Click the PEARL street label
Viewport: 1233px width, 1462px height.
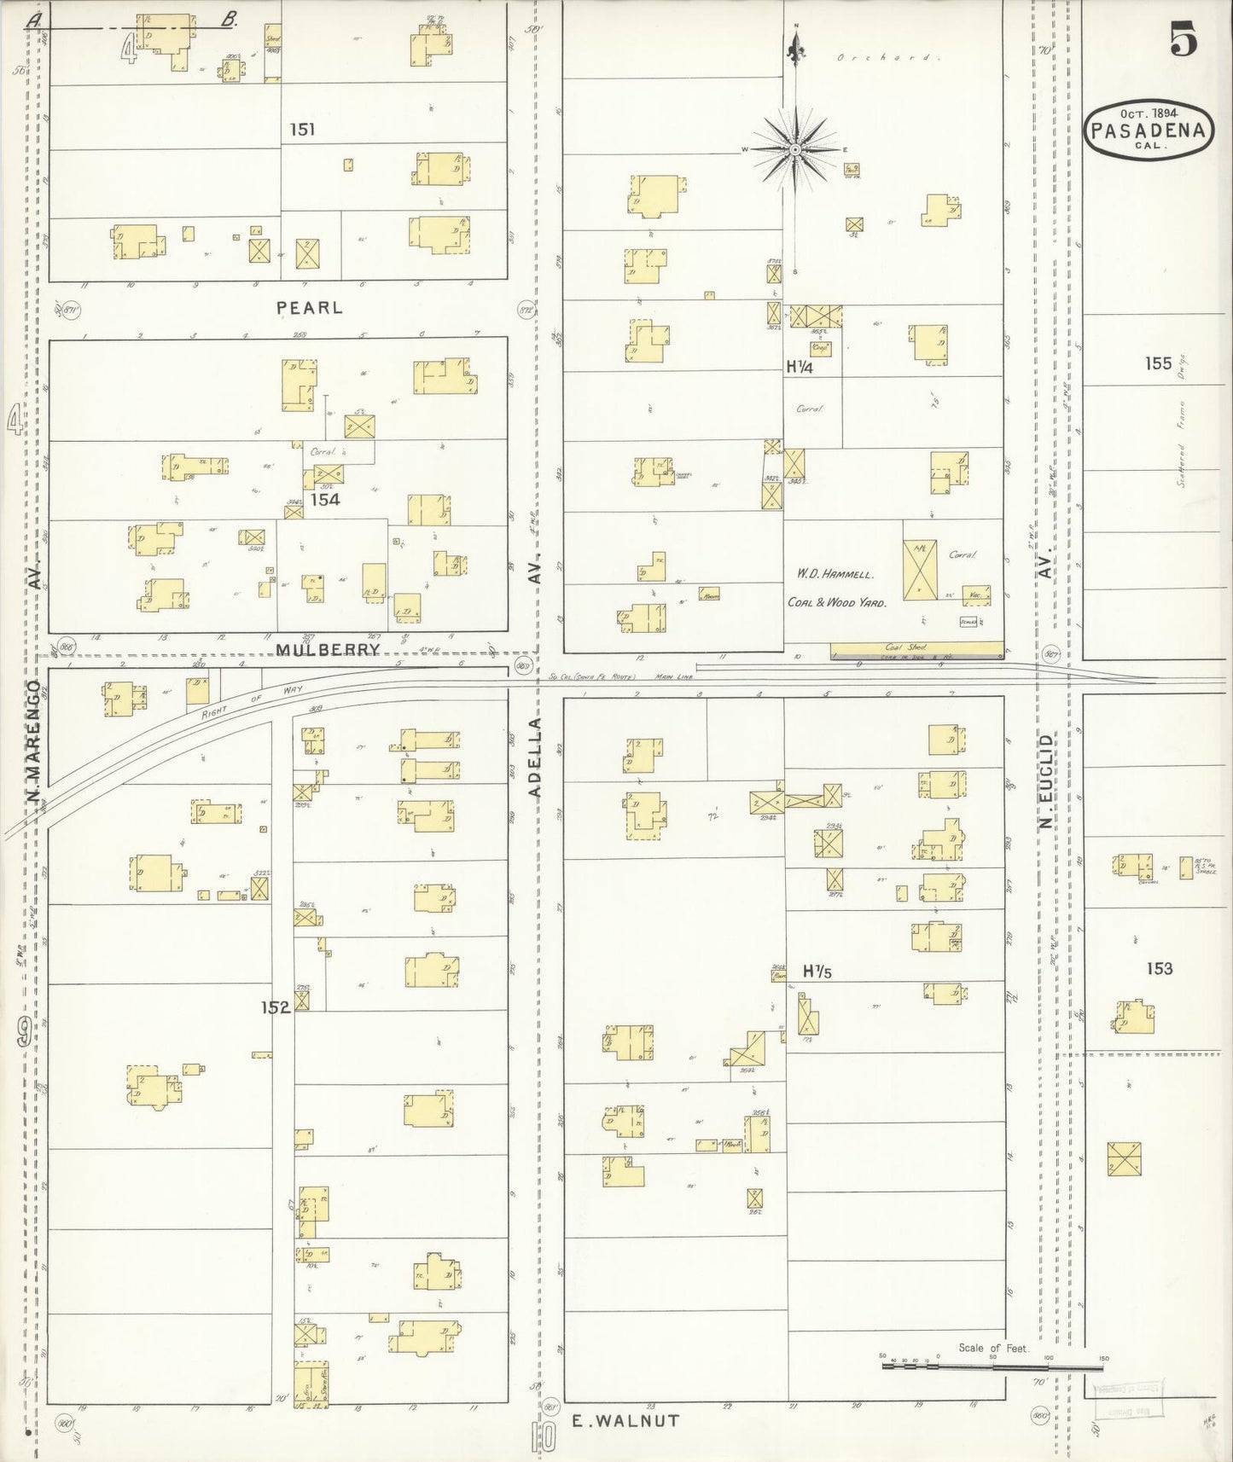pos(309,307)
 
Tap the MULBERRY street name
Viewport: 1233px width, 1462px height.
pos(328,649)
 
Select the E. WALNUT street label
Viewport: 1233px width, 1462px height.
pos(625,1420)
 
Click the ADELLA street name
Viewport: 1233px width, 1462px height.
pos(535,757)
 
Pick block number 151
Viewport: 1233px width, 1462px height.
pos(302,130)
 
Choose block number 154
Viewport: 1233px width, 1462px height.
pos(325,499)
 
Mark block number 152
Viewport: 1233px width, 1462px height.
pos(276,1007)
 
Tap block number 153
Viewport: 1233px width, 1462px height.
pos(1159,968)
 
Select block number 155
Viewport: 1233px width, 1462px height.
pos(1158,363)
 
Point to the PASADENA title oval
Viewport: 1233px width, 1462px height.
pos(1149,131)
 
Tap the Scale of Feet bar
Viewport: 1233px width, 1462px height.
pos(993,1366)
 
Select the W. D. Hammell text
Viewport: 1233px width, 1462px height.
pos(836,575)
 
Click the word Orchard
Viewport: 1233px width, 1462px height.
pos(887,58)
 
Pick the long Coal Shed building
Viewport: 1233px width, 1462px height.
pos(916,652)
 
